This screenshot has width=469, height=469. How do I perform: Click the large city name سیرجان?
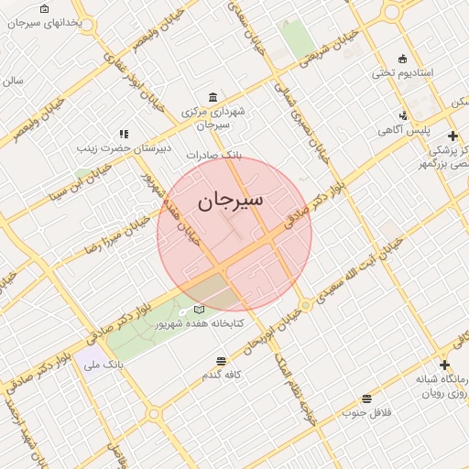(231, 199)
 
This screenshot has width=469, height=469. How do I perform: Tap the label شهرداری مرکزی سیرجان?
(213, 117)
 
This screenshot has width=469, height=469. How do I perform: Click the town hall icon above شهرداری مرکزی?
(213, 97)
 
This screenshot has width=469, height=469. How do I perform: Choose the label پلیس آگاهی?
(404, 130)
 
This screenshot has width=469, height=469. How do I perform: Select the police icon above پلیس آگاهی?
(404, 115)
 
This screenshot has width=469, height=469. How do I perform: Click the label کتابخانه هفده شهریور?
(198, 324)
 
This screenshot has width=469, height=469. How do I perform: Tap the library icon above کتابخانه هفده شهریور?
(199, 310)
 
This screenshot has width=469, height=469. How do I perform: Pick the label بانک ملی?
(103, 365)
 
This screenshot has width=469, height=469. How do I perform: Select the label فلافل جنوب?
(367, 412)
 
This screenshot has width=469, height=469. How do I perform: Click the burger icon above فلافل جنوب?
(367, 398)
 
